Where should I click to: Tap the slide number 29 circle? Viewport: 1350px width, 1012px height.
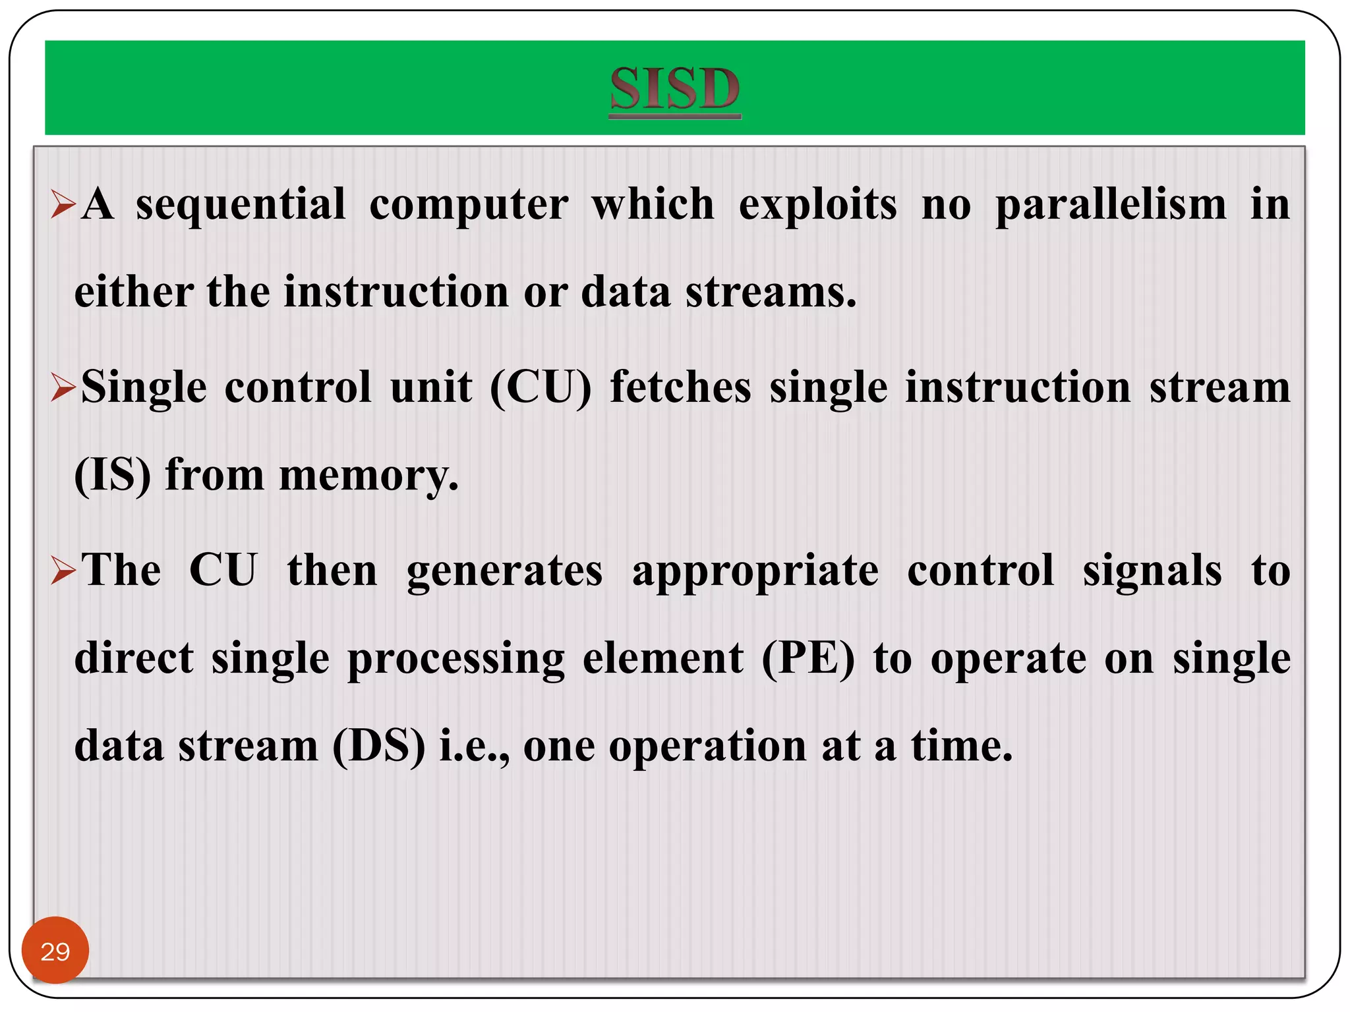coord(55,951)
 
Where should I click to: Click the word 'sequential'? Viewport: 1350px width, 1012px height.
coord(241,206)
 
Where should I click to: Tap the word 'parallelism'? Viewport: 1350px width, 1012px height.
coord(1111,206)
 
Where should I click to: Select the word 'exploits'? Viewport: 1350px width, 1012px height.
coord(817,206)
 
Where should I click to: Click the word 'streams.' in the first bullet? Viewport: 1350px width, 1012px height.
coord(771,293)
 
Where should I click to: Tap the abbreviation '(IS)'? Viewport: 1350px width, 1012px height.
coord(113,475)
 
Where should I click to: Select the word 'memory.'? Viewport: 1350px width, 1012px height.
coord(368,476)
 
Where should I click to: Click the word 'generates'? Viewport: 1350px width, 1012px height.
coord(504,572)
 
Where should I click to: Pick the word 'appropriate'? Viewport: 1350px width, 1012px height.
coord(755,572)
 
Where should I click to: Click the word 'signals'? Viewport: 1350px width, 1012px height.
coord(1152,572)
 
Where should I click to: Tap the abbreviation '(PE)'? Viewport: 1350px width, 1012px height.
coord(808,659)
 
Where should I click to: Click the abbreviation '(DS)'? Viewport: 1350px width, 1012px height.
coord(379,746)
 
